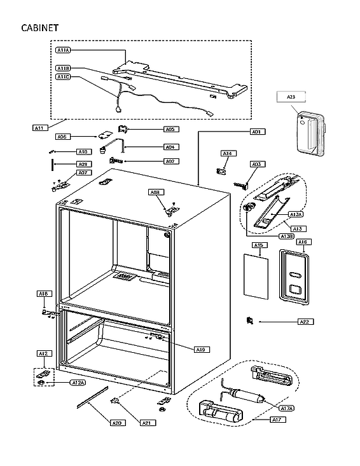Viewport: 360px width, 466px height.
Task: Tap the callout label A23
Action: pyautogui.click(x=291, y=97)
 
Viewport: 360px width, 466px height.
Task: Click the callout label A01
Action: pyautogui.click(x=256, y=132)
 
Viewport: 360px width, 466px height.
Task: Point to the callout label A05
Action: pyautogui.click(x=169, y=129)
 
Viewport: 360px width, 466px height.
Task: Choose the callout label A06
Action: pyautogui.click(x=62, y=137)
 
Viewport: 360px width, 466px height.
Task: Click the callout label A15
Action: pyautogui.click(x=258, y=245)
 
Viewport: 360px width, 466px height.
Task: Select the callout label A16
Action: pyautogui.click(x=302, y=242)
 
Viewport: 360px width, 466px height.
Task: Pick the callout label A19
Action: pyautogui.click(x=200, y=349)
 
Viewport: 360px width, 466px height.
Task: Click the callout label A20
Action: pyautogui.click(x=116, y=423)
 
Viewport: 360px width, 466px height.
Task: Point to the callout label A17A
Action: pyautogui.click(x=286, y=407)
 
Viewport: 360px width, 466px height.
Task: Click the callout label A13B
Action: pyautogui.click(x=286, y=236)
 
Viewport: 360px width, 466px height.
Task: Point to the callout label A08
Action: pyautogui.click(x=155, y=192)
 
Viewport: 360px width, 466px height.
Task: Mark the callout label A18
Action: pyautogui.click(x=43, y=294)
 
